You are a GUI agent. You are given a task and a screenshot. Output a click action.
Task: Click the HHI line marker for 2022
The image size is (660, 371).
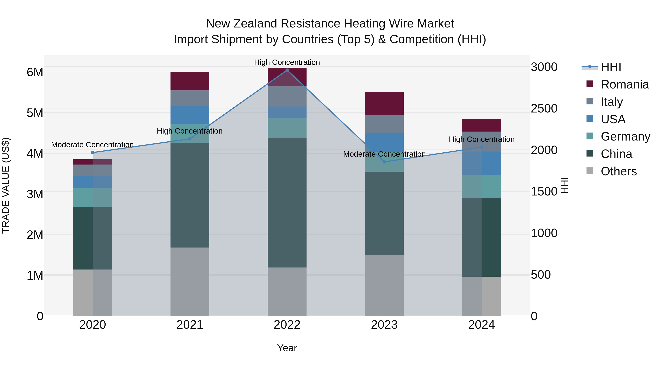click(x=287, y=70)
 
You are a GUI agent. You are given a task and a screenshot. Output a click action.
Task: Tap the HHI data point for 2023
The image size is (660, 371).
click(x=384, y=162)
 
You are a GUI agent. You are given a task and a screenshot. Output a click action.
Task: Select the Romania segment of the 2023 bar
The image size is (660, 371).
click(x=384, y=104)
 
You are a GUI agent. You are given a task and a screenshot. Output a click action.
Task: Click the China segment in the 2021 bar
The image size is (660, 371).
click(x=190, y=195)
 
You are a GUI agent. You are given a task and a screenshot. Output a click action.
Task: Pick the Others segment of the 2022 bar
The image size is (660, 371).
click(x=287, y=292)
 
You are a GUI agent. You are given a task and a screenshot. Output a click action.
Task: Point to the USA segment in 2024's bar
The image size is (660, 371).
click(x=481, y=163)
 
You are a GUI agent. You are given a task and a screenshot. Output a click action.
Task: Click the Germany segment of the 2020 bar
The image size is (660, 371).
click(x=93, y=197)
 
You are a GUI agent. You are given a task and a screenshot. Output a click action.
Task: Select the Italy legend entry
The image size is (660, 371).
click(x=612, y=102)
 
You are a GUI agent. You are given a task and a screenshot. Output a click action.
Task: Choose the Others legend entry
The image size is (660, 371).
click(x=619, y=171)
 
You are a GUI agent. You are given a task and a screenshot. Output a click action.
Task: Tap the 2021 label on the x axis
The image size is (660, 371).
click(x=190, y=325)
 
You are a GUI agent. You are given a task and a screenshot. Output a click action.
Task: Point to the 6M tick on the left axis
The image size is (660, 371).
click(x=35, y=72)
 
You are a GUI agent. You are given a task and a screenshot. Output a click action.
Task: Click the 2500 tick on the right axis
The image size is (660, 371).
click(x=544, y=109)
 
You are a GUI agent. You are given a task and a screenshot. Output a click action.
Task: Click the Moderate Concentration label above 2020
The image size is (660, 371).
click(x=93, y=145)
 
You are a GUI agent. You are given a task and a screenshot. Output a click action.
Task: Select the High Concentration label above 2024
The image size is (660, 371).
click(x=481, y=139)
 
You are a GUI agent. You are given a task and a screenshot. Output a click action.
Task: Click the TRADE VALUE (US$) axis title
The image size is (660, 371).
click(x=6, y=185)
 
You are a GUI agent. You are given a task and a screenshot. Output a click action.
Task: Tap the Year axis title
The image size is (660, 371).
click(x=287, y=348)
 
